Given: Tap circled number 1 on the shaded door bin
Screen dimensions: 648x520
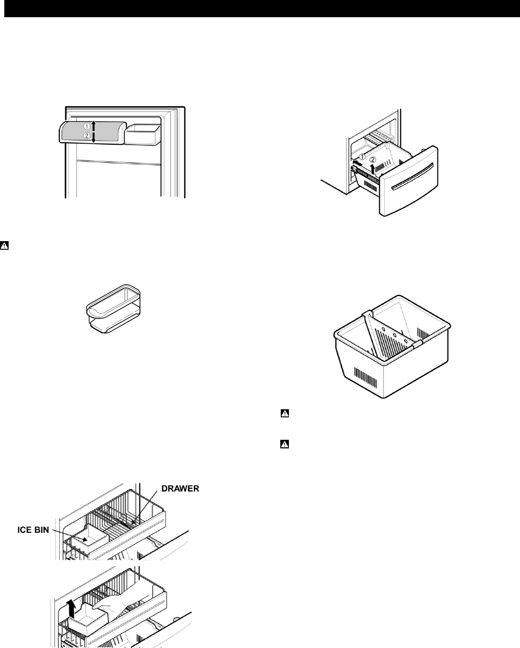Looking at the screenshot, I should (x=87, y=127).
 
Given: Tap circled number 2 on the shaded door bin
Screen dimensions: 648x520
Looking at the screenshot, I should (x=87, y=136).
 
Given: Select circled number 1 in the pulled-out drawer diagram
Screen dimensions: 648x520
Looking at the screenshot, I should (x=362, y=157).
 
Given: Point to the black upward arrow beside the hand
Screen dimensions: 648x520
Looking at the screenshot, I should (x=72, y=609).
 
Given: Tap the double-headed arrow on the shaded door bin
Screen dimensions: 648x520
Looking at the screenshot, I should (x=94, y=131).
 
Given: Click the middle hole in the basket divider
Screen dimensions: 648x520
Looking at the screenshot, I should (x=395, y=336).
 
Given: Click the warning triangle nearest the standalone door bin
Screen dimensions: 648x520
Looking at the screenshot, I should (x=4, y=246).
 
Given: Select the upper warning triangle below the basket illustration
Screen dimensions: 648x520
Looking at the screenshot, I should (x=284, y=414).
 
